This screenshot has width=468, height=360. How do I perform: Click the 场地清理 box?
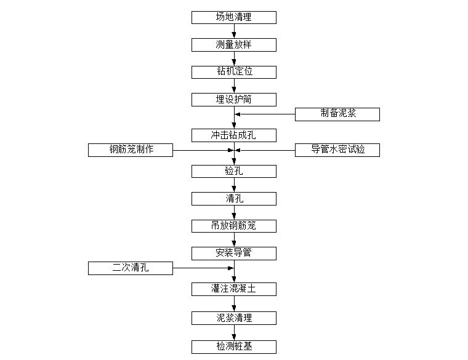coord(234,18)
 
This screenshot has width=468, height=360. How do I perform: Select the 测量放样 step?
coord(234,45)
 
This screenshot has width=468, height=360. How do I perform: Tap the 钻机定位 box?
coord(234,72)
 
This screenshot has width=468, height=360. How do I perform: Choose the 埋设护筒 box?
coord(234,100)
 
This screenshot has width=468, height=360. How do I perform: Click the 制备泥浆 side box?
coord(337,114)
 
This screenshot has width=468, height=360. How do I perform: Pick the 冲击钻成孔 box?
coord(234,135)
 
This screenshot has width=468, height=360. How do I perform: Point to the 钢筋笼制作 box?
coord(131,150)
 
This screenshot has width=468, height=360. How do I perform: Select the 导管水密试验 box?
coord(337,150)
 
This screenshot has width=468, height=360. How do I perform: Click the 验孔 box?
coord(234,172)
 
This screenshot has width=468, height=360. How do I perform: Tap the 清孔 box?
coord(234,199)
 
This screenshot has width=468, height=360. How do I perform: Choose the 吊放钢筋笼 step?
coord(234,226)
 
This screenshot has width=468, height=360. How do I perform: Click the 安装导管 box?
coord(234,254)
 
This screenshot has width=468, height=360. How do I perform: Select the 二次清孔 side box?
coord(131,268)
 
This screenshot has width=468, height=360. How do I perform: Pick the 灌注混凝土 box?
coord(234,289)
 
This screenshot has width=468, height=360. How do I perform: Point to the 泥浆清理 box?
coord(234,318)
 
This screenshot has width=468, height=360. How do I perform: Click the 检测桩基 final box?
coord(234,347)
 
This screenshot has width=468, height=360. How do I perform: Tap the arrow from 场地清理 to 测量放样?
coord(234,31)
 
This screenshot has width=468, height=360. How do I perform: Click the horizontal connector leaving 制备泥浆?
coord(265,114)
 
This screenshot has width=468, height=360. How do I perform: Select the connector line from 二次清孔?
coord(203,268)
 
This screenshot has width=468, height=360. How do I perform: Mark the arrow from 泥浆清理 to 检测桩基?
coord(234,332)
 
